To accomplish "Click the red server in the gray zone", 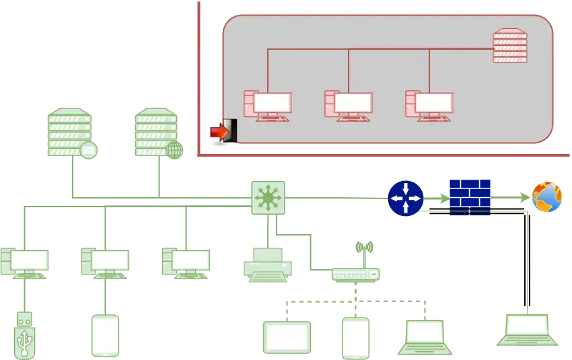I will [509, 46].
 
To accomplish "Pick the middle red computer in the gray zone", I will [348, 106].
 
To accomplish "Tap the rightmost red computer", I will [429, 106].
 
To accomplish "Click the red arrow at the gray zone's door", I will [220, 132].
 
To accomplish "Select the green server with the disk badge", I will [69, 133].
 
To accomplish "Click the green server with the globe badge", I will [156, 132].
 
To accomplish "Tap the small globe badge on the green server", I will [174, 149].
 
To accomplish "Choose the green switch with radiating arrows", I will [266, 196].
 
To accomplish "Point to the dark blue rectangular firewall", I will [470, 196].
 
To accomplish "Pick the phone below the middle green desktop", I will [106, 334].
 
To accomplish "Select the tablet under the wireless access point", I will [287, 337].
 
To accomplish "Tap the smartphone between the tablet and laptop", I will [355, 337].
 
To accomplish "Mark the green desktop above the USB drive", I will [25, 262].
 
